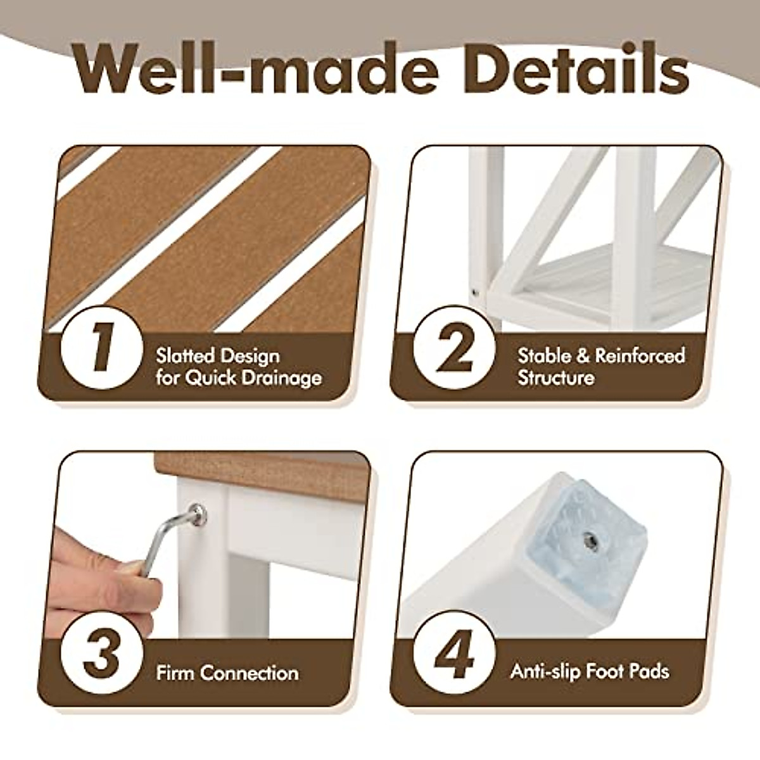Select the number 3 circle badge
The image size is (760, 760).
(x=101, y=655)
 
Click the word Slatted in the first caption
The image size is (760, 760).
(x=183, y=356)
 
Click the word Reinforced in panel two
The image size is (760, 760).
(x=640, y=355)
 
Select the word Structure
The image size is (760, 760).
(x=556, y=378)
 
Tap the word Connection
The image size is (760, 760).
(x=250, y=672)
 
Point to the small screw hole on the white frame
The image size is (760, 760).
(x=475, y=292)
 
